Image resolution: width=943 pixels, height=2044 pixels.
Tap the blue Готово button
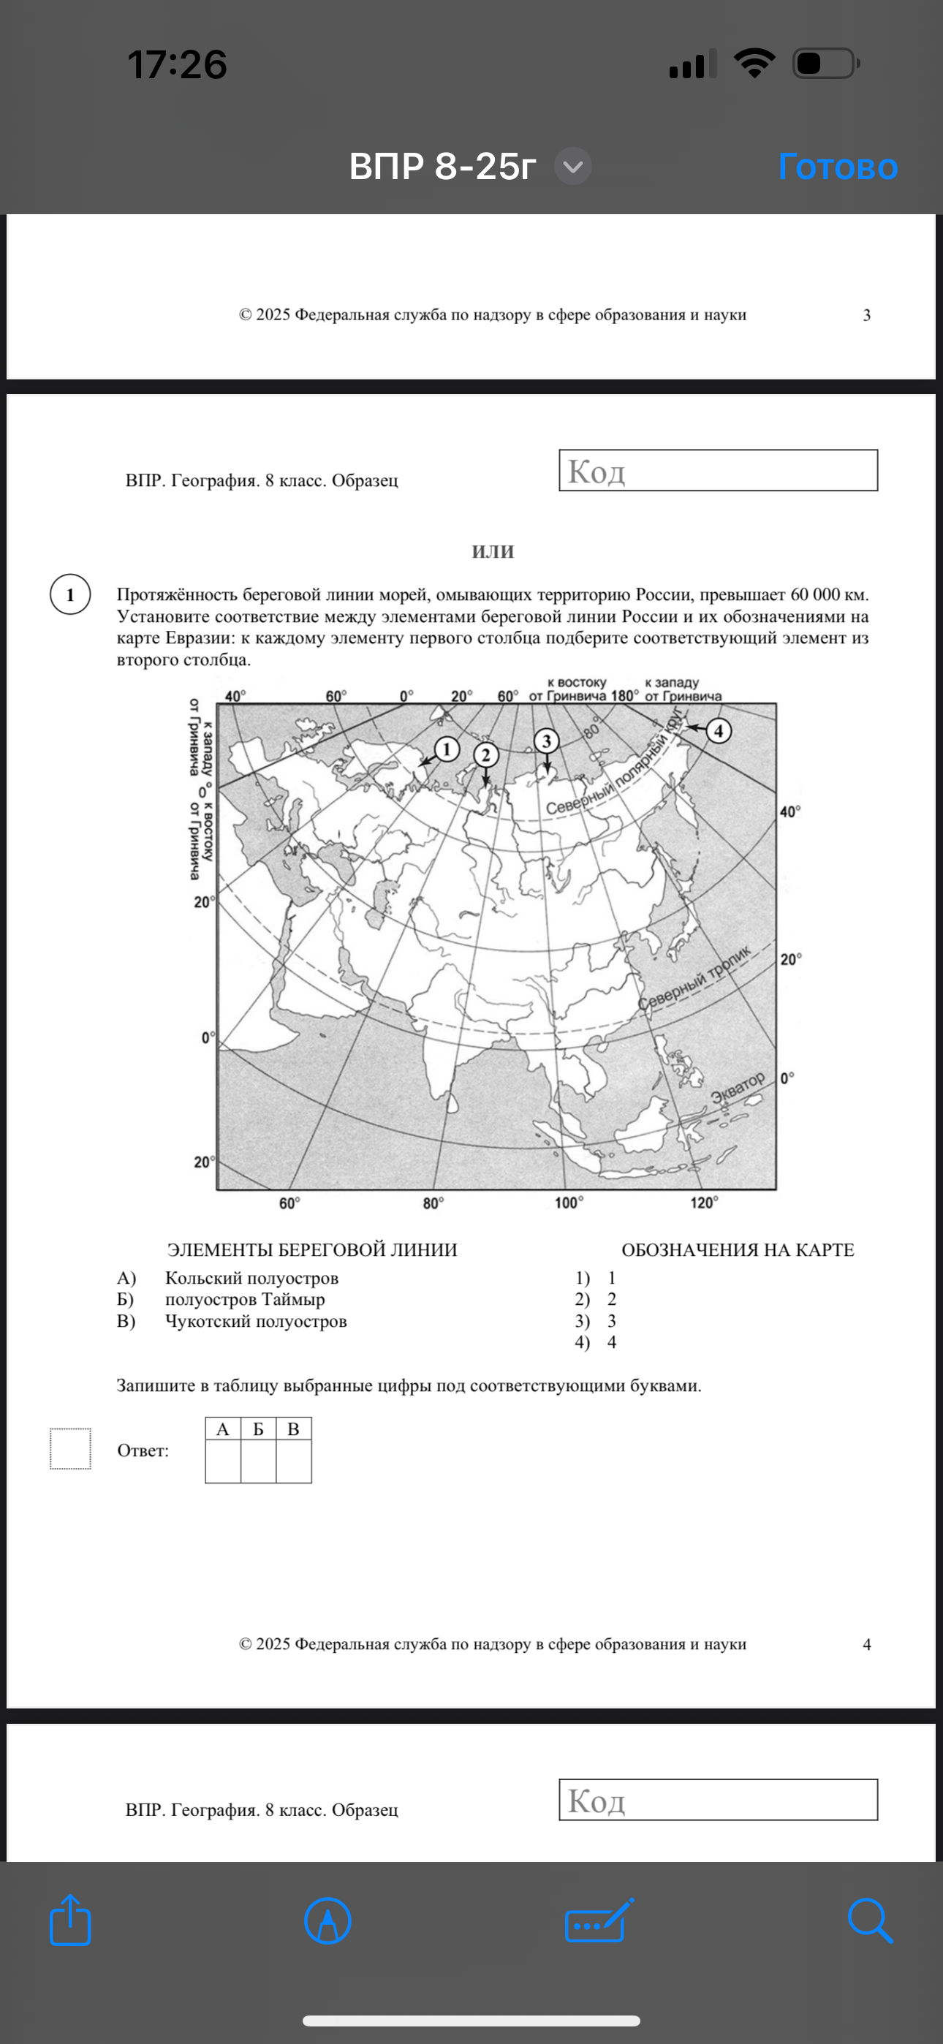[838, 167]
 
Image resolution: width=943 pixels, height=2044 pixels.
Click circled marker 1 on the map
[447, 749]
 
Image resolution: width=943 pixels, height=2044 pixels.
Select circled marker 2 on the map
[486, 754]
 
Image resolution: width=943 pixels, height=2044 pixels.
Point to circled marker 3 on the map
[546, 741]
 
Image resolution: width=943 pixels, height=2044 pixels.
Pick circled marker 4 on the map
[719, 730]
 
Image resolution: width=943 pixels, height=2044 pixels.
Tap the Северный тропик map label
[694, 977]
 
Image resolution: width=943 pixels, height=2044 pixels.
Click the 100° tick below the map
[568, 1203]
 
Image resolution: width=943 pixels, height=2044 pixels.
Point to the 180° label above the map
[624, 696]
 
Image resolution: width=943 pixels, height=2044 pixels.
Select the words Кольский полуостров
[251, 1278]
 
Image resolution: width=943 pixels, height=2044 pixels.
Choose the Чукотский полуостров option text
[256, 1321]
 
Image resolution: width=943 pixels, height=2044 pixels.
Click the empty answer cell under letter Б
[258, 1461]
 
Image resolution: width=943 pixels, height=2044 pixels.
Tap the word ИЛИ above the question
[493, 550]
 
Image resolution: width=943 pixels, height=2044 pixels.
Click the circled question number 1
[70, 594]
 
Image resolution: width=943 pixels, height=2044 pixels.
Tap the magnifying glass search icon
[870, 1921]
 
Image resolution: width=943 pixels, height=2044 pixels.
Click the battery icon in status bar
[825, 64]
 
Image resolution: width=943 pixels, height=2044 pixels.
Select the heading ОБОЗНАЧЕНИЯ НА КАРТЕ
[738, 1250]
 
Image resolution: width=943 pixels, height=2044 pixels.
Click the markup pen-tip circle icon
[327, 1921]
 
